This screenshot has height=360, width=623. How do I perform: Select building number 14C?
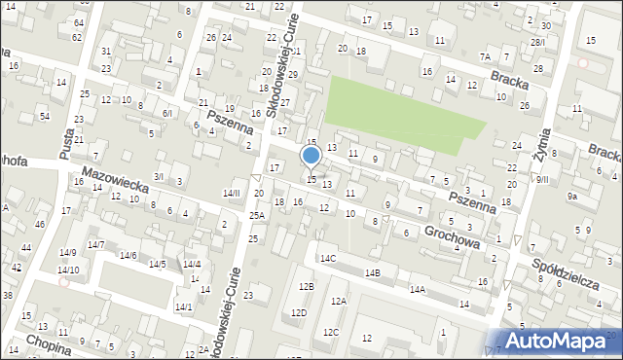[x=328, y=258]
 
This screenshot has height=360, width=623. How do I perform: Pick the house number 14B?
[x=372, y=273]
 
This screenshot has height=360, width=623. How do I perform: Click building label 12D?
[x=298, y=312]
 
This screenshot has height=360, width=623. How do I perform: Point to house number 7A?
[x=485, y=56]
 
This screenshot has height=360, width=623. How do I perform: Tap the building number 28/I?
[x=537, y=42]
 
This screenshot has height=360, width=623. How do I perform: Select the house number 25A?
[x=256, y=215]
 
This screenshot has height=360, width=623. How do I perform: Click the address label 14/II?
[x=231, y=194]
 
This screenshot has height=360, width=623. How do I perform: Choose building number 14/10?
[x=68, y=270]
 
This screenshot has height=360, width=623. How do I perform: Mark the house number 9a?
[x=573, y=197]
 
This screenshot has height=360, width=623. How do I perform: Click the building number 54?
[x=45, y=116]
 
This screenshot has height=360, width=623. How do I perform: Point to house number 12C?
[x=331, y=332]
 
